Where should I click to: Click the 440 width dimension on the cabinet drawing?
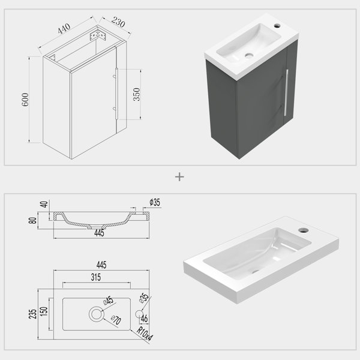click(x=64, y=28)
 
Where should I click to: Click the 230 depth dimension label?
click(x=118, y=22)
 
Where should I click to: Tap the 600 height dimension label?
click(x=25, y=100)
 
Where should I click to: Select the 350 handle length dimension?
click(x=136, y=94)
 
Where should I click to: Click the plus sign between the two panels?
click(x=179, y=177)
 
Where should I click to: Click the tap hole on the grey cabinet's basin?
click(x=277, y=25)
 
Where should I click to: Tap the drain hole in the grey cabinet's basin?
click(x=249, y=55)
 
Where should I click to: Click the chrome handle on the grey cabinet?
click(x=286, y=92)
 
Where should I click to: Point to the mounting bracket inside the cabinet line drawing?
click(x=98, y=35)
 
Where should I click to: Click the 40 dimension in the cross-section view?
click(x=44, y=204)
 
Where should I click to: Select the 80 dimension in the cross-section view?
click(x=32, y=220)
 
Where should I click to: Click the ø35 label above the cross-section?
click(x=155, y=202)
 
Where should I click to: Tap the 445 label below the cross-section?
click(x=99, y=233)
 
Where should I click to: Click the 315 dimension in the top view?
click(x=96, y=277)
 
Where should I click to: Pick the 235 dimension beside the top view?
click(x=32, y=314)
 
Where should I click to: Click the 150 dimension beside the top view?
click(x=44, y=311)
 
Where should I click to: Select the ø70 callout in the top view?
click(x=116, y=320)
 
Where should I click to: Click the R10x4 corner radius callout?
click(x=145, y=334)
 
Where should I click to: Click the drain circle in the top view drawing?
click(x=97, y=314)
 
